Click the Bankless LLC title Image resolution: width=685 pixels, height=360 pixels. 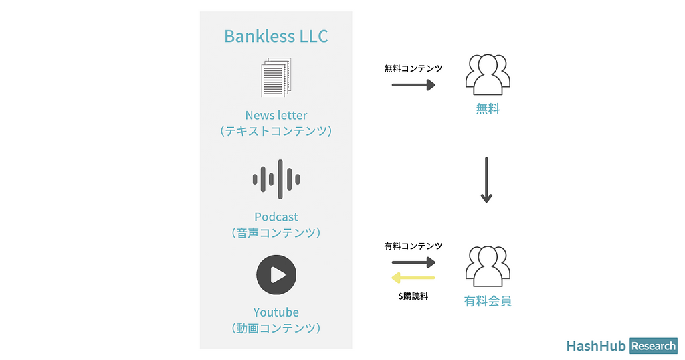(x=276, y=36)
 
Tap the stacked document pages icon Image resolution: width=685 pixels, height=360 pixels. (x=276, y=78)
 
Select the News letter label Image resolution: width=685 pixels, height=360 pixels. (x=276, y=115)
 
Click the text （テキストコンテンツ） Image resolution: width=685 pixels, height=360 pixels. (x=276, y=131)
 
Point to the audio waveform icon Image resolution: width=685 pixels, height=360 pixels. (x=276, y=179)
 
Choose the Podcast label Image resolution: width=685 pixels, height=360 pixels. (x=276, y=217)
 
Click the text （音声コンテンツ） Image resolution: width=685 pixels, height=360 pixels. (x=276, y=233)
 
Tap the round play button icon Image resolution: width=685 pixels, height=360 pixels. (x=276, y=274)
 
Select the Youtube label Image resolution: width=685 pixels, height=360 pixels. (x=276, y=312)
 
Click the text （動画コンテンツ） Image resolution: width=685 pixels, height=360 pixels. (x=276, y=328)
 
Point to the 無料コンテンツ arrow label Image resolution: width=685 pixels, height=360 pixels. (x=413, y=68)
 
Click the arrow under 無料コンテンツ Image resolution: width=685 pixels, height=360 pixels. (x=413, y=85)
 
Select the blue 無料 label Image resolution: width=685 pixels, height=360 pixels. (x=487, y=109)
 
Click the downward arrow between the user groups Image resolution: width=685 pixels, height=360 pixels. (x=486, y=180)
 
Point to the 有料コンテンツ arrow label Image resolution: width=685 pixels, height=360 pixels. (x=413, y=246)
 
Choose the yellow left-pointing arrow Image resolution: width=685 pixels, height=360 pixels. (x=413, y=278)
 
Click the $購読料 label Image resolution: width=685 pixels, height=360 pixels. (x=413, y=295)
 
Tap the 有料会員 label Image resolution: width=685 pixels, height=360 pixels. (x=488, y=301)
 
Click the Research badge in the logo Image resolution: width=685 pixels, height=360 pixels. (x=653, y=346)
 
